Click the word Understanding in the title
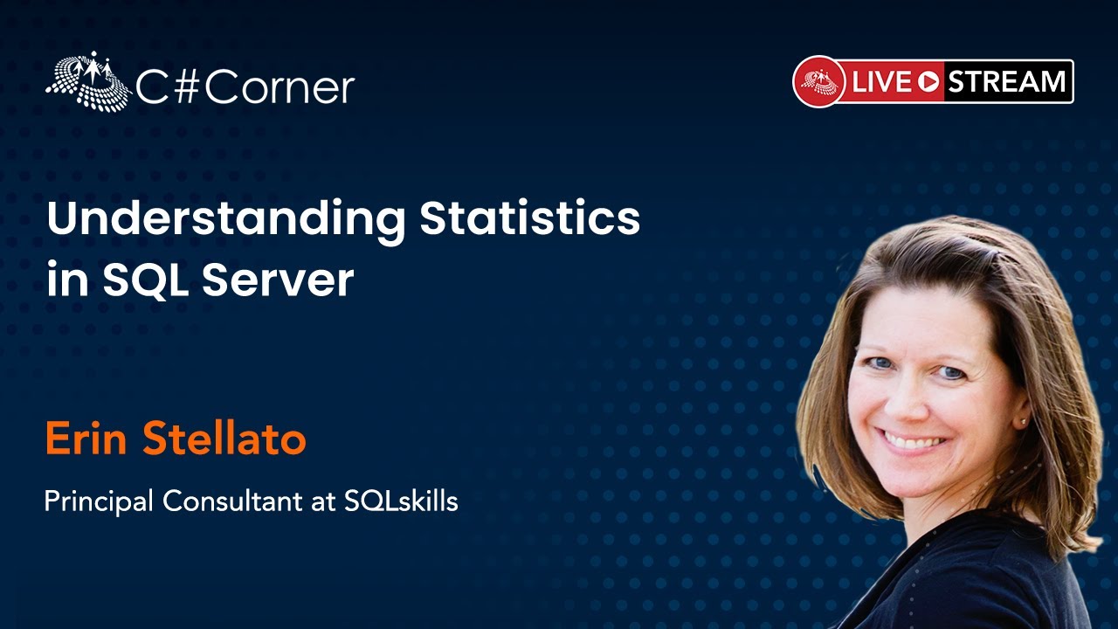point(226,221)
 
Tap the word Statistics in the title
point(530,219)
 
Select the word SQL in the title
point(146,281)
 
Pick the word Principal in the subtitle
point(100,501)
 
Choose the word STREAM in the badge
point(1007,82)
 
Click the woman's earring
point(1023,422)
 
